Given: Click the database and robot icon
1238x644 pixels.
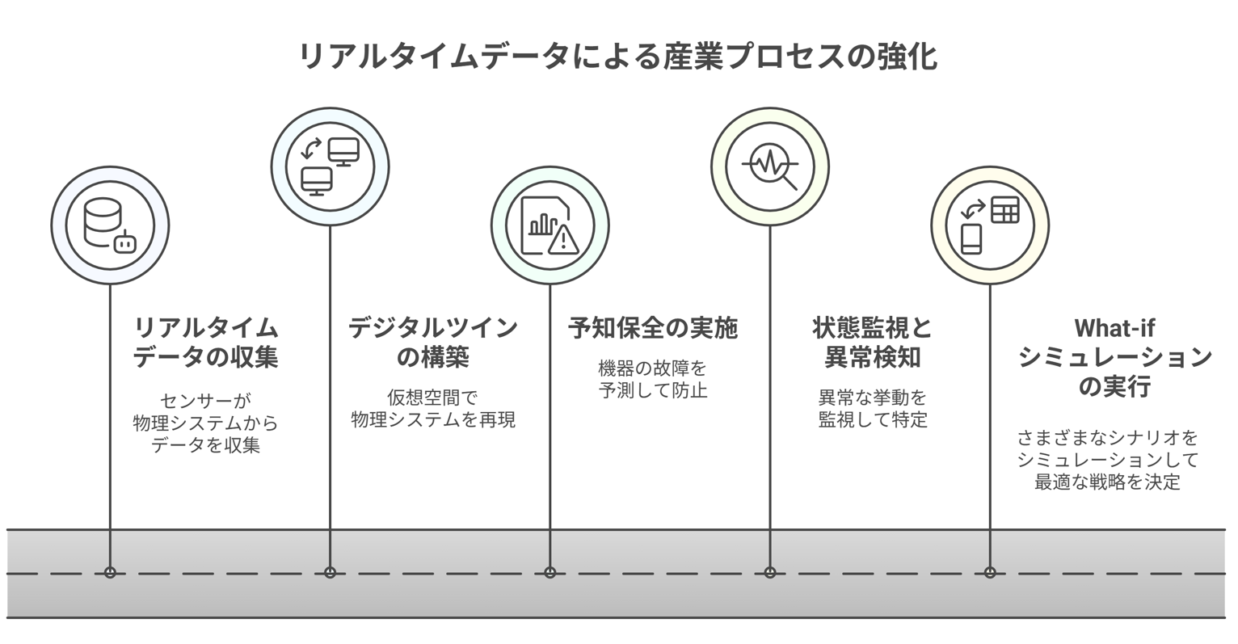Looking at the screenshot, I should pos(110,225).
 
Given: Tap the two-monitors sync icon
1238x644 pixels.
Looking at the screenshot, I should pos(330,166).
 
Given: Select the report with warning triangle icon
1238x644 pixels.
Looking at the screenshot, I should pos(550,225).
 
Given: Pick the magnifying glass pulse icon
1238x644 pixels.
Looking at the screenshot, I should pos(770,166).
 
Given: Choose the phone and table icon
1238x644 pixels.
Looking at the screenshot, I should pos(990,225).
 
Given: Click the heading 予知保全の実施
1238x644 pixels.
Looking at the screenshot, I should pos(652,328).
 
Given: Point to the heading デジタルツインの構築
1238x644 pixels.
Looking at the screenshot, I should pos(433,342).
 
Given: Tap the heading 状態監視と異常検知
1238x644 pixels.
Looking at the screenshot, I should pos(873,342).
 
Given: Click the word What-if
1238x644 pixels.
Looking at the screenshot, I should pos(1114,328).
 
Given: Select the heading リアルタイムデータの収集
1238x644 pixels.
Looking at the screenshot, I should pos(205,342).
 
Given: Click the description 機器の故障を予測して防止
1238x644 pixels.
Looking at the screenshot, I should pos(652,380).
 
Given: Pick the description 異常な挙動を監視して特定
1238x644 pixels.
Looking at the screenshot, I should pos(873,409).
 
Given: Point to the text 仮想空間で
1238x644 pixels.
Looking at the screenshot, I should pos(433,398).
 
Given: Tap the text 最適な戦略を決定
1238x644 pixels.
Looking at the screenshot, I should pos(1107,483).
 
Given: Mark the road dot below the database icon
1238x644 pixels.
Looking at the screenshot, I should pos(110,572).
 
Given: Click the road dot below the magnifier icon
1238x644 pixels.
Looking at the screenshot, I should pos(770,572).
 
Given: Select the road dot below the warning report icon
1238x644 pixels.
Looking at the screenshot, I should pos(550,572).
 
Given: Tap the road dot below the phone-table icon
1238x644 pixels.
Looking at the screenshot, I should pos(990,572).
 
